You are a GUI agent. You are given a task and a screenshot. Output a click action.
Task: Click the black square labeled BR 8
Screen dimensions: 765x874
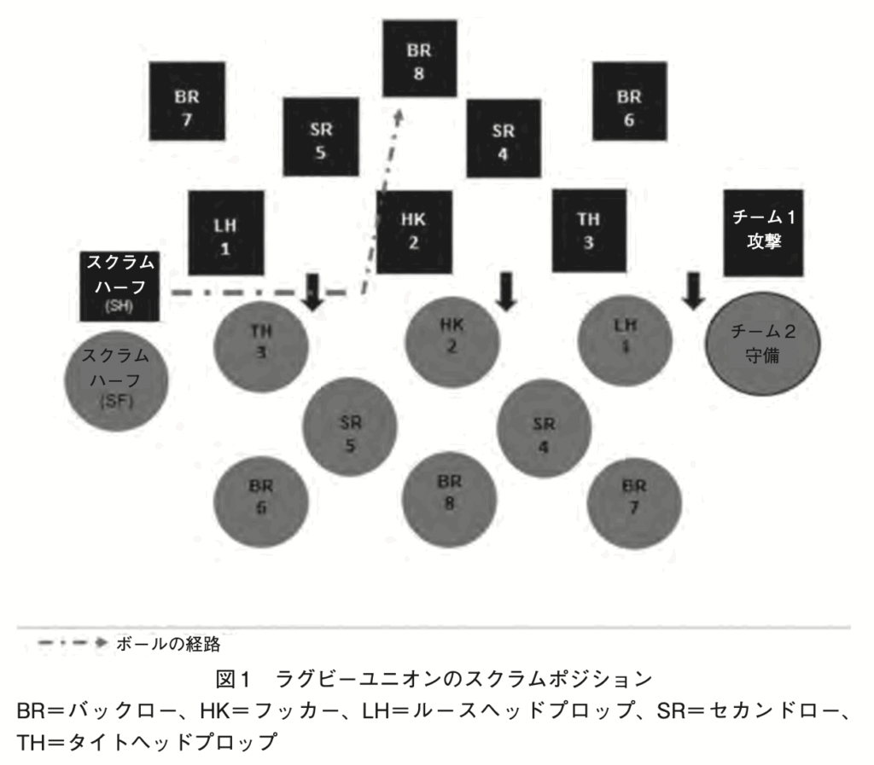(418, 59)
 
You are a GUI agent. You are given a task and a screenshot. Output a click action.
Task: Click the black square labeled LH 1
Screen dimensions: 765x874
(226, 232)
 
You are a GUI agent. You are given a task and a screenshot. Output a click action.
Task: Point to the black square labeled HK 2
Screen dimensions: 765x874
(413, 232)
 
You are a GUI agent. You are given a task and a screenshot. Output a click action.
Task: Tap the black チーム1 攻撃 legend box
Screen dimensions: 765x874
(763, 232)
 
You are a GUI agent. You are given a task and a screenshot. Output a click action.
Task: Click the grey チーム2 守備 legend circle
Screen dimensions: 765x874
(761, 342)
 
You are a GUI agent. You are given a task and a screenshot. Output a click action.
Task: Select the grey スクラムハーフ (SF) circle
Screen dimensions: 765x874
(116, 379)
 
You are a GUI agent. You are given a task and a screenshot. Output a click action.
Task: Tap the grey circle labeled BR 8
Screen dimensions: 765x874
(449, 497)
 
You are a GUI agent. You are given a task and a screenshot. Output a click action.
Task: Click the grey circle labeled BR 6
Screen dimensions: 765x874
(260, 503)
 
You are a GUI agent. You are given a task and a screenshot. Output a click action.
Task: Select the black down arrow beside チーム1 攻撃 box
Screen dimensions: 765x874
(693, 293)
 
